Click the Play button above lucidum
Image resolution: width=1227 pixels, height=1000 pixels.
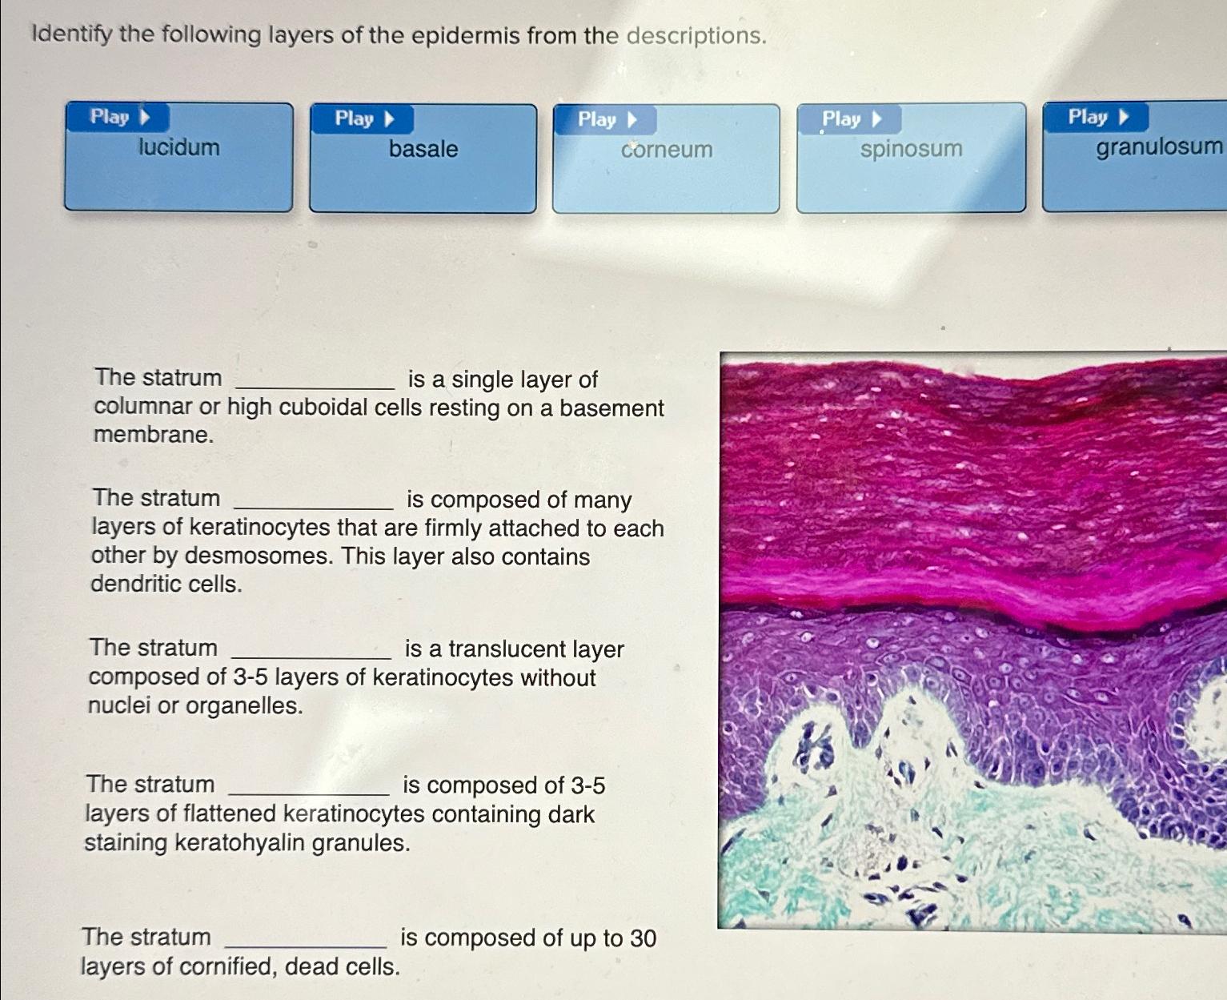(x=119, y=117)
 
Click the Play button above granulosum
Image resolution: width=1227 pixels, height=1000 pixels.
(x=1097, y=118)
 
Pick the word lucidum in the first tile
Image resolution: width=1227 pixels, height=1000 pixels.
(x=178, y=147)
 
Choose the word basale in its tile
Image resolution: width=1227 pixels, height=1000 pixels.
(x=423, y=149)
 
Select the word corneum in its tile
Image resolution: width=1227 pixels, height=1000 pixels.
(x=667, y=150)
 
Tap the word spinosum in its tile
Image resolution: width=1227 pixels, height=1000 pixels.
(x=911, y=149)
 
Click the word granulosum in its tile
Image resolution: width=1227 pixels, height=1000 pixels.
(x=1159, y=147)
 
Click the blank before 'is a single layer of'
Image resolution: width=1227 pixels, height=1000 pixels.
(x=315, y=381)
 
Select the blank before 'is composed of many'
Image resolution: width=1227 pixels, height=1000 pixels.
(x=313, y=501)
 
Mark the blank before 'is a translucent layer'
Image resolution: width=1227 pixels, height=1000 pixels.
(x=311, y=650)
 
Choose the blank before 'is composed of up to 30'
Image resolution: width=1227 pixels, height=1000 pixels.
(x=307, y=939)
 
